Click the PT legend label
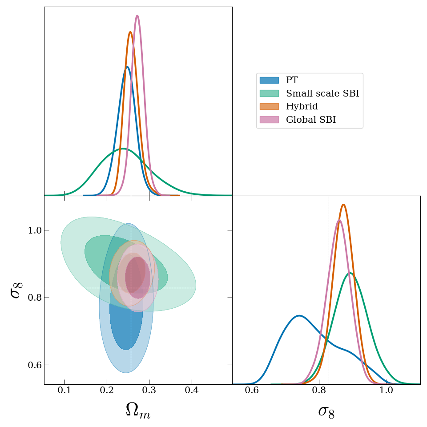(292, 81)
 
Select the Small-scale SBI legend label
(322, 94)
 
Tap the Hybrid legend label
(302, 107)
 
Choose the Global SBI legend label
(310, 120)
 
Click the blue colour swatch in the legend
(269, 81)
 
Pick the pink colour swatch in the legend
(269, 120)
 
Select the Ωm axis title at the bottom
(138, 411)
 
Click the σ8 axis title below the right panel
(326, 411)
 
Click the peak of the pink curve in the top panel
(137, 16)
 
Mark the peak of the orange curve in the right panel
(343, 205)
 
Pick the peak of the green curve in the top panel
(123, 149)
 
